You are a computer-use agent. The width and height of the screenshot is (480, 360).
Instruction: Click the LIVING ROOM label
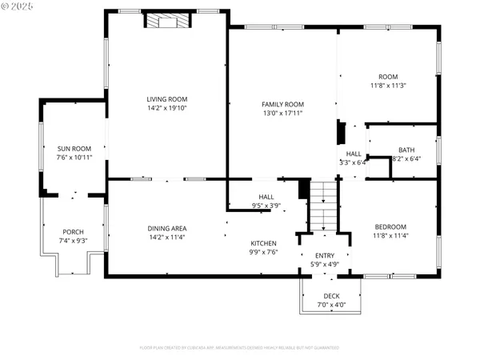pyautogui.click(x=166, y=98)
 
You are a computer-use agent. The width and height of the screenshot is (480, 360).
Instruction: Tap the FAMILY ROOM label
pyautogui.click(x=283, y=104)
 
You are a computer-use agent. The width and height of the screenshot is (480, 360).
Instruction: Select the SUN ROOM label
pyautogui.click(x=74, y=148)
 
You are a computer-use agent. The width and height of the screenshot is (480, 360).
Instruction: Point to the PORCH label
pyautogui.click(x=73, y=232)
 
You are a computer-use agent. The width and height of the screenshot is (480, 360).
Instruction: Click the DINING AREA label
pyautogui.click(x=166, y=227)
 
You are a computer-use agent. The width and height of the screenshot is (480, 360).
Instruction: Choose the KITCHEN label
pyautogui.click(x=263, y=243)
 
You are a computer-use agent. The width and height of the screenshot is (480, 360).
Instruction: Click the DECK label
pyautogui.click(x=331, y=296)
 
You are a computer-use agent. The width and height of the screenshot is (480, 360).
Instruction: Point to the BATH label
pyautogui.click(x=406, y=150)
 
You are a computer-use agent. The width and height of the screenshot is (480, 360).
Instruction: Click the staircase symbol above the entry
pyautogui.click(x=321, y=206)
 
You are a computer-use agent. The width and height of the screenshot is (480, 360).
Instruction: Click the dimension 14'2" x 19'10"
pyautogui.click(x=166, y=108)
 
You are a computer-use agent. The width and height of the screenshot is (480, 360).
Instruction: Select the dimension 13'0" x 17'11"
pyautogui.click(x=283, y=113)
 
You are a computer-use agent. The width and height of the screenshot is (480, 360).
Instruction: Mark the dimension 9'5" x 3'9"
pyautogui.click(x=266, y=206)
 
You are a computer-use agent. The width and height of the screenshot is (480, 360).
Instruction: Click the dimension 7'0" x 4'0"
pyautogui.click(x=331, y=305)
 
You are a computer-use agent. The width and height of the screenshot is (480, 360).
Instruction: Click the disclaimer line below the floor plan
pyautogui.click(x=239, y=348)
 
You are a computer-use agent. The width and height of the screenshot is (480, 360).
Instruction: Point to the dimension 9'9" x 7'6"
pyautogui.click(x=263, y=253)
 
